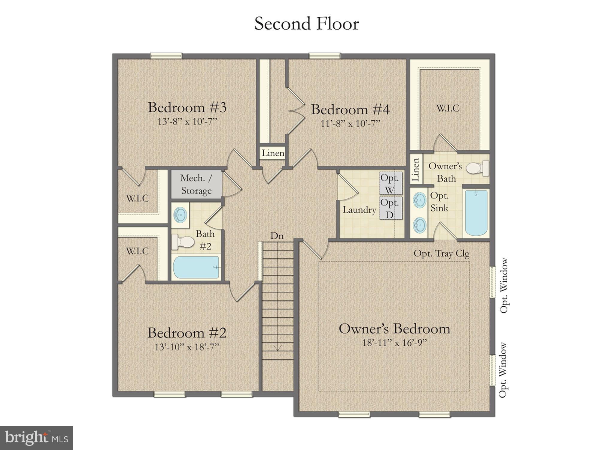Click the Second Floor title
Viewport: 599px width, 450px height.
[x=306, y=24]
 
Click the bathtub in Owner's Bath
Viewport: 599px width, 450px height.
[x=476, y=214]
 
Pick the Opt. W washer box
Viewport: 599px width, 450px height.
[x=390, y=183]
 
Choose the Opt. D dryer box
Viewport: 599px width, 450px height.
[x=390, y=208]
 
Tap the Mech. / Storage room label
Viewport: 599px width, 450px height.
[x=196, y=184]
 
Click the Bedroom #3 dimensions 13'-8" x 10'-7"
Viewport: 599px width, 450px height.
[x=187, y=121]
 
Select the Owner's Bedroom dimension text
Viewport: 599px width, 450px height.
[x=394, y=343]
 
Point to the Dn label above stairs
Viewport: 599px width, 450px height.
[x=277, y=236]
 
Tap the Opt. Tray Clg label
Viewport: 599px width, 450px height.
[x=441, y=254]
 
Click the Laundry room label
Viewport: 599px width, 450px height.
[x=359, y=210]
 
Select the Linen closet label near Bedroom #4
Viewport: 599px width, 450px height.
[x=273, y=153]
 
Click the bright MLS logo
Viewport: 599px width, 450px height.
[x=36, y=438]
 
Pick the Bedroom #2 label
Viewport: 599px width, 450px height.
[x=187, y=333]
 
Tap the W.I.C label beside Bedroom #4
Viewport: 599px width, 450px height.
[x=447, y=108]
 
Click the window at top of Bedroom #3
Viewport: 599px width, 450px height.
[x=166, y=56]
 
